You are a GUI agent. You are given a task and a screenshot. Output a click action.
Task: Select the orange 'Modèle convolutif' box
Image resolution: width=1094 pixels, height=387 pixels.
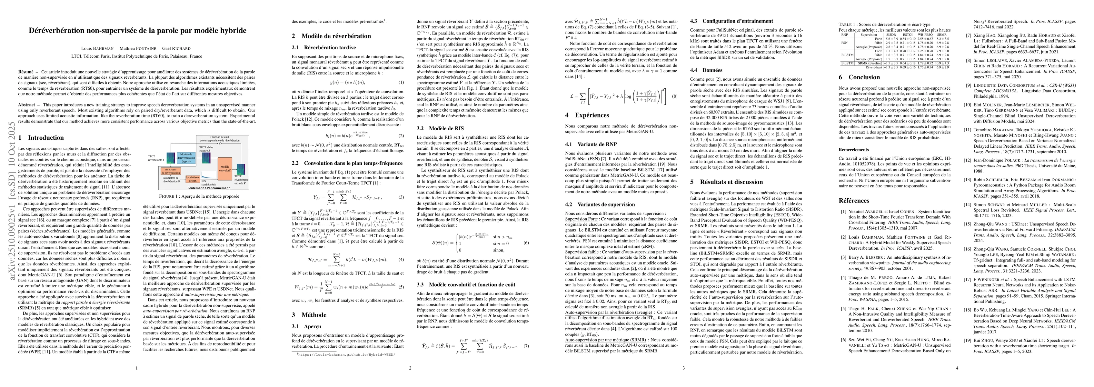tap(225, 169)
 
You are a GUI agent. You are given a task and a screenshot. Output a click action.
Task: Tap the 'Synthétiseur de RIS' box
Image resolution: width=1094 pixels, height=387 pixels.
tap(193, 179)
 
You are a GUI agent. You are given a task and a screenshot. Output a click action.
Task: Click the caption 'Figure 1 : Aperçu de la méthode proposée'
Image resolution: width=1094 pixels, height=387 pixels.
tap(199, 196)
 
